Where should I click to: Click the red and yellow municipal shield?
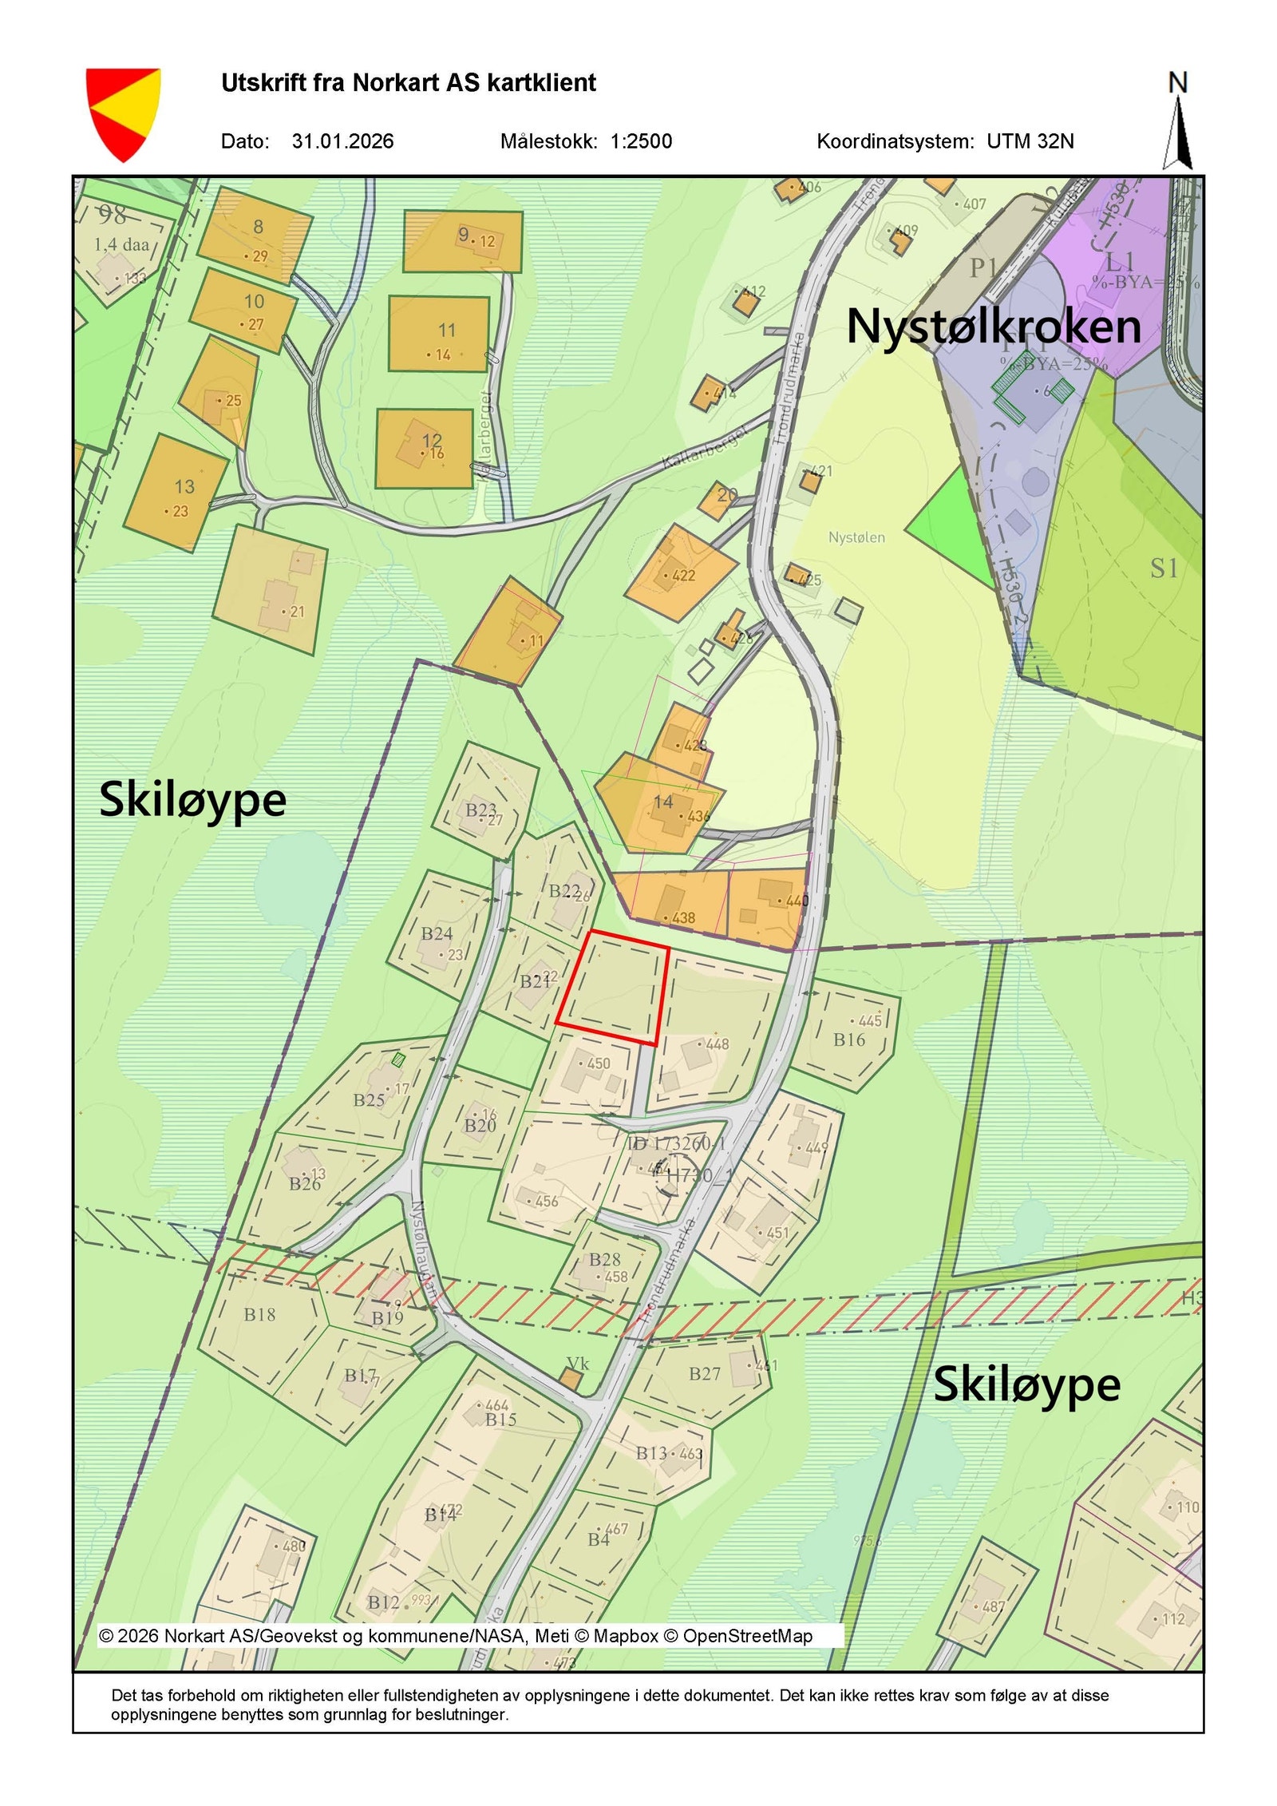[123, 113]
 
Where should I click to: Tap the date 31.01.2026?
[342, 141]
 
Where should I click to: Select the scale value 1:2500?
[641, 141]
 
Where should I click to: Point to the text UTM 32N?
[1030, 141]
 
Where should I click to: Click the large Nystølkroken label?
[993, 327]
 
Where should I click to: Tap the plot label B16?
[848, 1040]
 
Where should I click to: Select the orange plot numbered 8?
[254, 234]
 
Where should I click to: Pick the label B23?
[480, 810]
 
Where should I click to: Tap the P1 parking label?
[983, 268]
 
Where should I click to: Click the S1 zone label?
[1164, 568]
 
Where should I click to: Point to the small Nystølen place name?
[856, 537]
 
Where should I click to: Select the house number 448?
[717, 1044]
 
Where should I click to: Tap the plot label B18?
[259, 1314]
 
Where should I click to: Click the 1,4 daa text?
[121, 244]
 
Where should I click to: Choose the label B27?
[705, 1373]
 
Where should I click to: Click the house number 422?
[683, 575]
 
